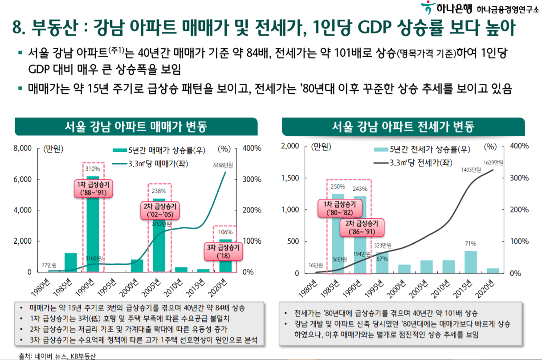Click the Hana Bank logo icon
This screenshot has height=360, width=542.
pos(428,8)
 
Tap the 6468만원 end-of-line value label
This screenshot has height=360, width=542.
pos(223,165)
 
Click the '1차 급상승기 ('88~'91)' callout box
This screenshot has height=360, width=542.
pos(93,188)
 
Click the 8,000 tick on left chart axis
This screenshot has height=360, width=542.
pos(23,148)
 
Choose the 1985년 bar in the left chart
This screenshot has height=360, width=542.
pos(71,262)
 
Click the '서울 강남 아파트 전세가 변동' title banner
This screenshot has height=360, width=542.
pos(403,127)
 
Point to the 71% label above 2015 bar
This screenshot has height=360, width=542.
pos(471,244)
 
